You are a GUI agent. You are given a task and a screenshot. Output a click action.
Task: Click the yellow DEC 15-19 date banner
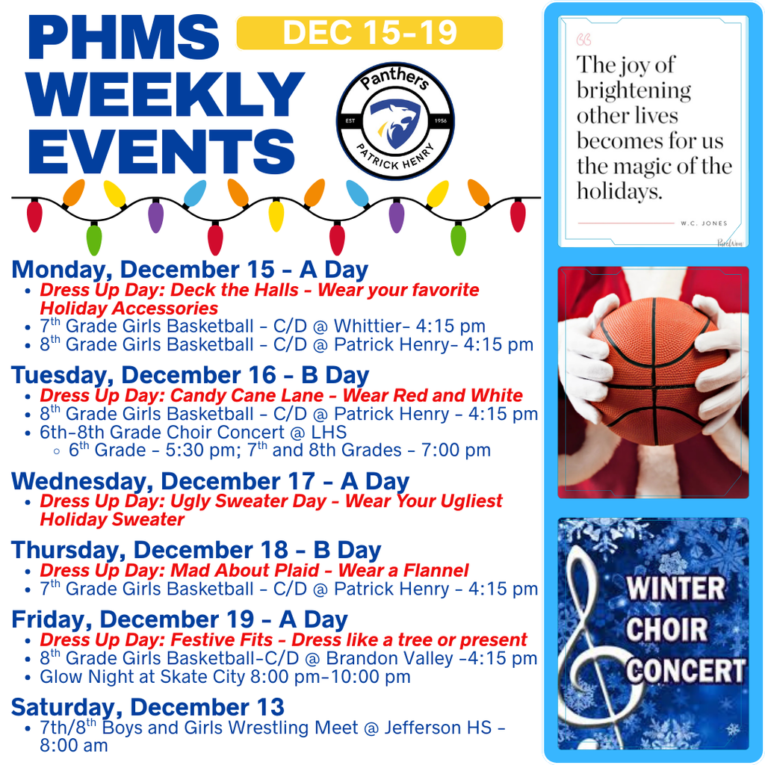369,33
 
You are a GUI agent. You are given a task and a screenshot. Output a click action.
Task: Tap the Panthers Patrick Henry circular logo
395,121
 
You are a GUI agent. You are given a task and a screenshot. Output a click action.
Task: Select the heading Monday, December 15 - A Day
190,269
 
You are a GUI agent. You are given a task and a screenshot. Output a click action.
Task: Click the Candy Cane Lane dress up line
281,395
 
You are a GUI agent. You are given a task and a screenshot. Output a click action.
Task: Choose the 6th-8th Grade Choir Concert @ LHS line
193,432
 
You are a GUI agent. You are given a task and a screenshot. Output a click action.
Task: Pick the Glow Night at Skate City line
225,677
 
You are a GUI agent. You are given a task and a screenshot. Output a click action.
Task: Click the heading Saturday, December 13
147,706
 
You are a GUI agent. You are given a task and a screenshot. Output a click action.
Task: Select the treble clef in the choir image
595,642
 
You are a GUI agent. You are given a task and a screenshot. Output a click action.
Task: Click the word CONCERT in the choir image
685,671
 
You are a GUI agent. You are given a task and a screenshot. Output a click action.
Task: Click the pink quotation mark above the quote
584,39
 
